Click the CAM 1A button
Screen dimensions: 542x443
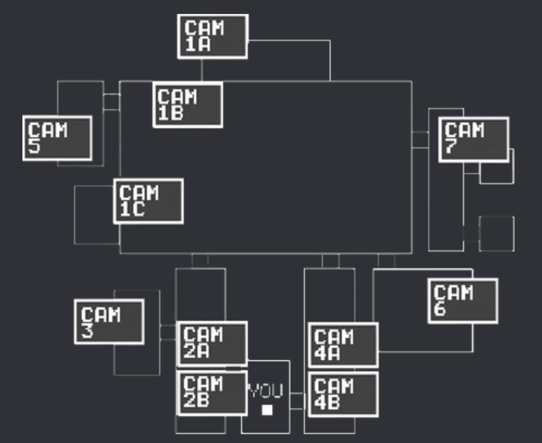pyautogui.click(x=212, y=36)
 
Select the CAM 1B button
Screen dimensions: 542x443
pyautogui.click(x=188, y=105)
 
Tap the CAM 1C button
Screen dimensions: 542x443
pyautogui.click(x=149, y=201)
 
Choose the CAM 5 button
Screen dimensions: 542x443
pyautogui.click(x=57, y=138)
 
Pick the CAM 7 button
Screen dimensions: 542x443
pyautogui.click(x=474, y=139)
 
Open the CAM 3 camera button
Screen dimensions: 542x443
pyautogui.click(x=109, y=322)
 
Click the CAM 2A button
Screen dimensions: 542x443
pyautogui.click(x=212, y=343)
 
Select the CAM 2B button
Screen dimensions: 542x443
pyautogui.click(x=212, y=393)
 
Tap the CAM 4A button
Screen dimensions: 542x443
pyautogui.click(x=343, y=346)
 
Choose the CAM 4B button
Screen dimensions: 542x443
pyautogui.click(x=343, y=394)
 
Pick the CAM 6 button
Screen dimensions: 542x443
pyautogui.click(x=463, y=301)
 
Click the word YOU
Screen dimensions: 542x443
pyautogui.click(x=266, y=390)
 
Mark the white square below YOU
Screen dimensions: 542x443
pyautogui.click(x=267, y=410)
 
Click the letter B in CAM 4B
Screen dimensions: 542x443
pyautogui.click(x=334, y=403)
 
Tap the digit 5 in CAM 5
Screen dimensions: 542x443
pyautogui.click(x=34, y=146)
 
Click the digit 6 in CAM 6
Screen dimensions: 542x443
pyautogui.click(x=439, y=309)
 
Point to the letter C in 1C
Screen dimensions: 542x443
pyautogui.click(x=138, y=209)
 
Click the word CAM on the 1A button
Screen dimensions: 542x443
pyautogui.click(x=204, y=27)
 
